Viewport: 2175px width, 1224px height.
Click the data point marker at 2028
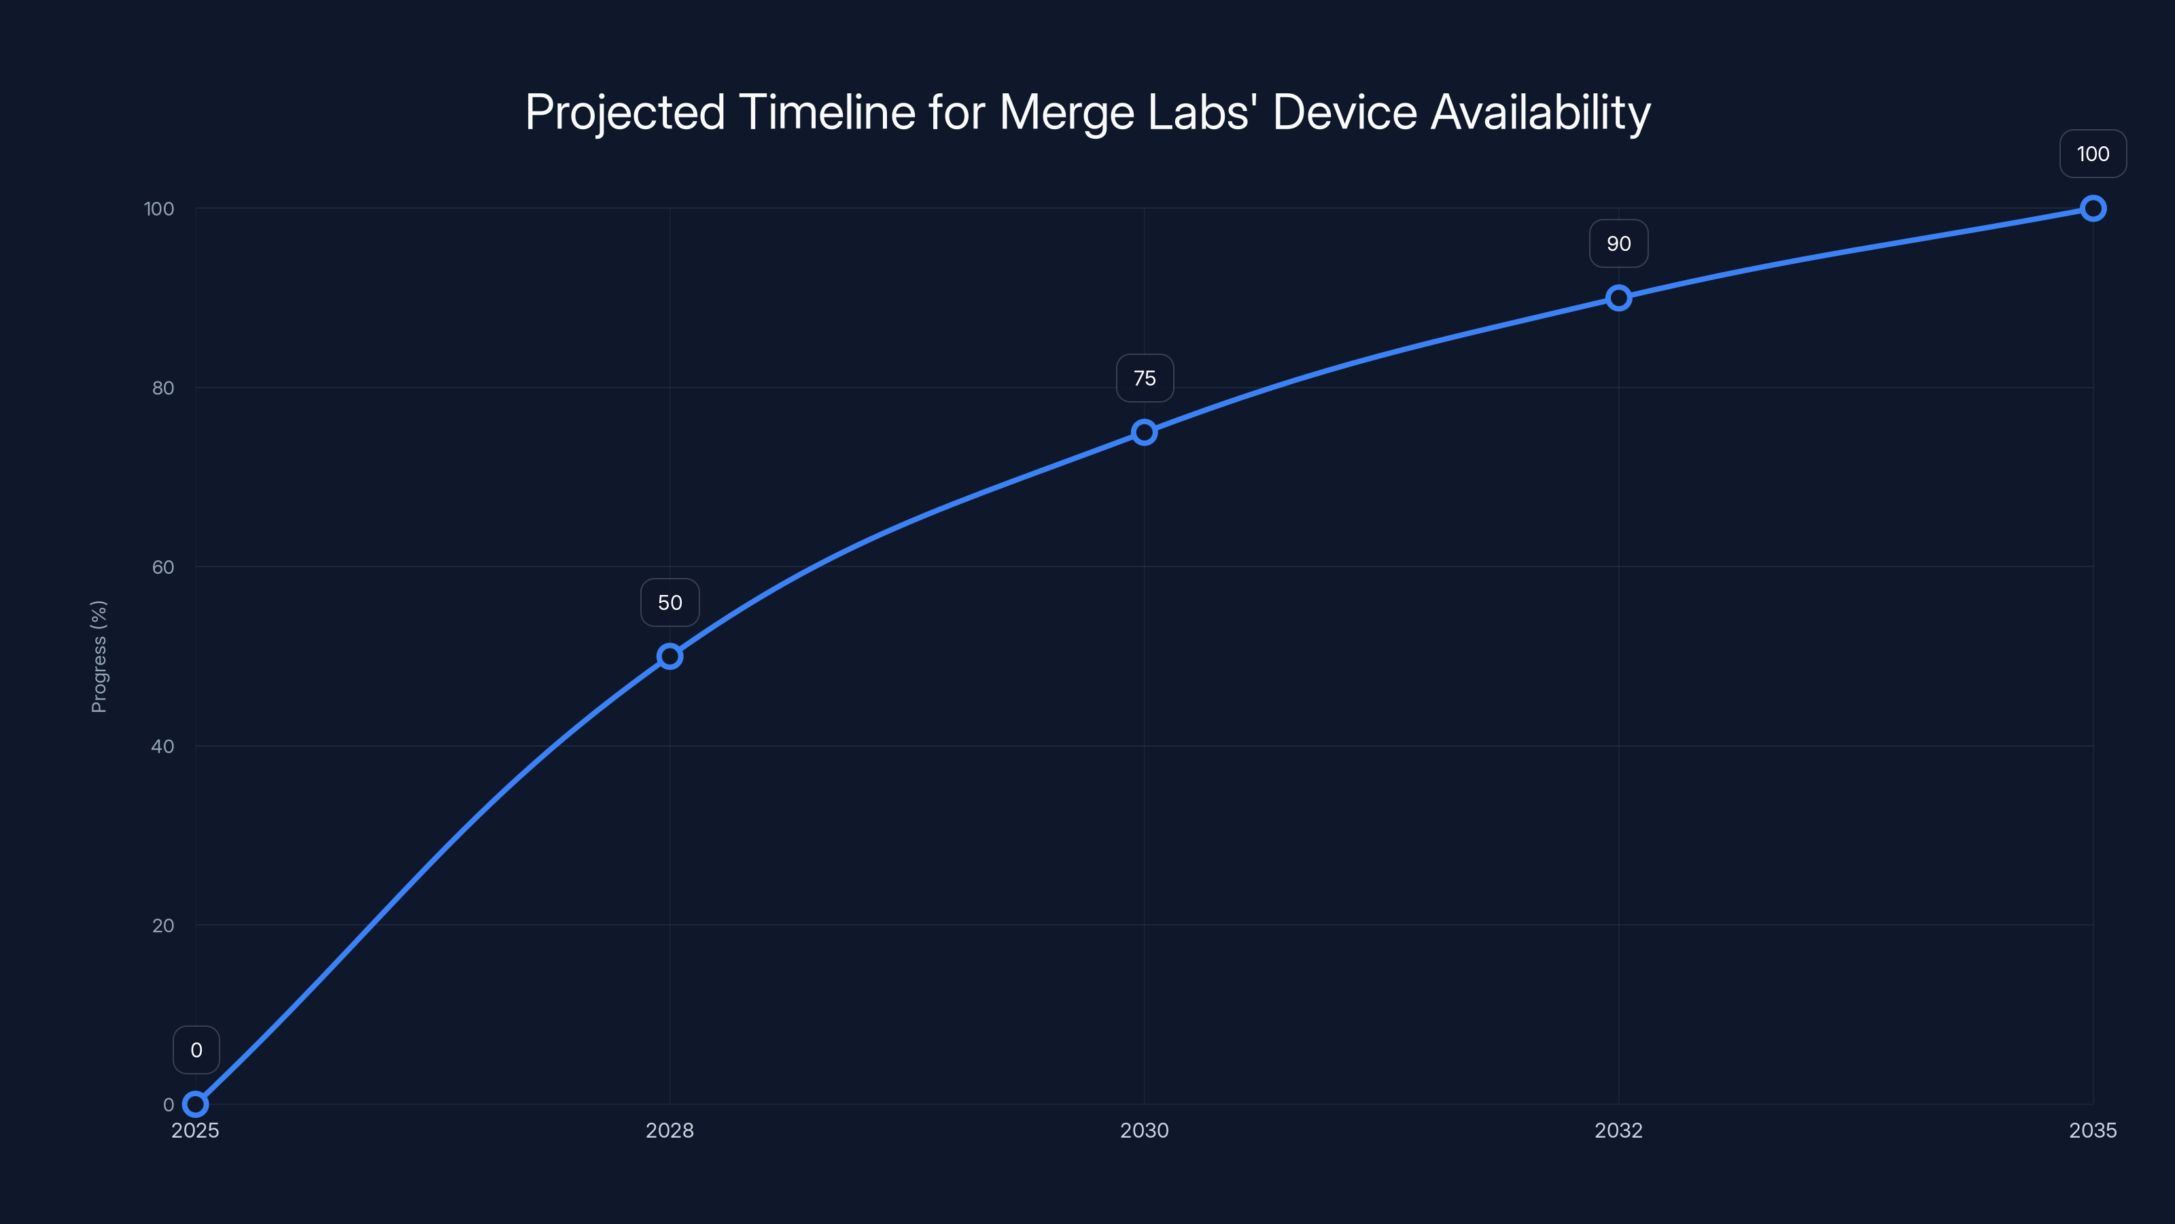[x=669, y=656]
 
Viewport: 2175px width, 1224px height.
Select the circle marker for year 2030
[x=1144, y=432]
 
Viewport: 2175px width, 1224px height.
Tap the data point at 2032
[x=1618, y=297]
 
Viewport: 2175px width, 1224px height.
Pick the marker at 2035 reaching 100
[x=2093, y=208]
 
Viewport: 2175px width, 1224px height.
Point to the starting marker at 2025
[x=195, y=1104]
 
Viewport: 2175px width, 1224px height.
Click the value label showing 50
[x=669, y=602]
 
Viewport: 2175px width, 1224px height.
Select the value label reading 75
[x=1144, y=379]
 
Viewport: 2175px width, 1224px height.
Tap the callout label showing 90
[x=1618, y=243]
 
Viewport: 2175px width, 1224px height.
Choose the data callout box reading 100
[x=2093, y=154]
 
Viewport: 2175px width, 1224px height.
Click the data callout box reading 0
[x=196, y=1050]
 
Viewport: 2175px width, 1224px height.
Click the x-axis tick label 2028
[x=669, y=1130]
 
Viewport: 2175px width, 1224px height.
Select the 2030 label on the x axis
[x=1144, y=1130]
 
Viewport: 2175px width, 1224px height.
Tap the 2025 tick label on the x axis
[x=195, y=1130]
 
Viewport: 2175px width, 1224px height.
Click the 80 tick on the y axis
[x=163, y=388]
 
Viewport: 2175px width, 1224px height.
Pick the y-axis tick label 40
[x=163, y=746]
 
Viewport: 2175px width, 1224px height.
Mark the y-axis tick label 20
[x=163, y=925]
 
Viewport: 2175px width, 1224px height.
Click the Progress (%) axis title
[x=99, y=656]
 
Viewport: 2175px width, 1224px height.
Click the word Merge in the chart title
[x=1066, y=112]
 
